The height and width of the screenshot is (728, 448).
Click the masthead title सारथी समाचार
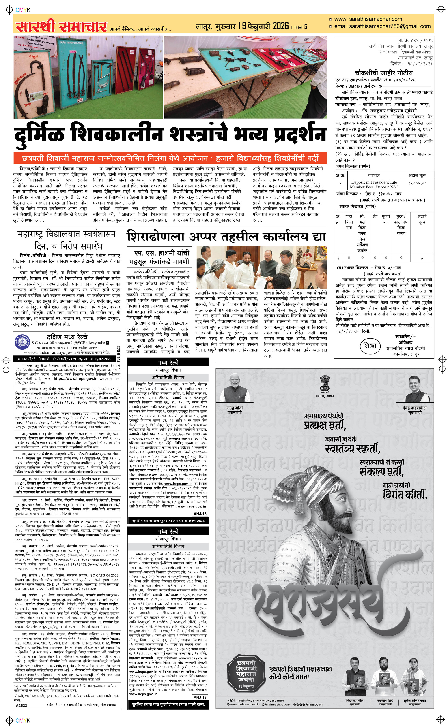61,27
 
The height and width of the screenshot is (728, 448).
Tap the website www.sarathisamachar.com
368,19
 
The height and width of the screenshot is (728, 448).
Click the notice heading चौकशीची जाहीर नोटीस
384,73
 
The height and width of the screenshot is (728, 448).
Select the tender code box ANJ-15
200,514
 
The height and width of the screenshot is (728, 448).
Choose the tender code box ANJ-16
200,698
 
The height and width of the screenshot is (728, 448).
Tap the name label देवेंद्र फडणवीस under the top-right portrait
415,408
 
